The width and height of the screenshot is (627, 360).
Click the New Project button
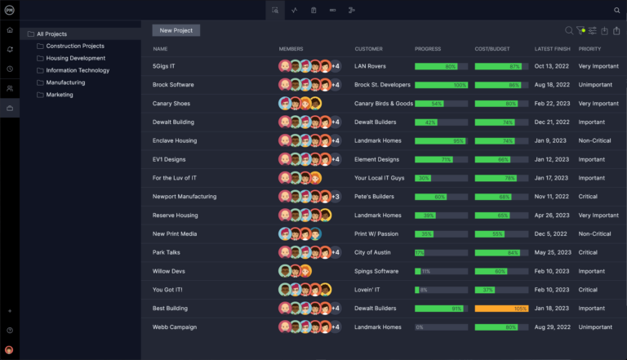pyautogui.click(x=176, y=30)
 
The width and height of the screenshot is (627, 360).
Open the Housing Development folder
pyautogui.click(x=75, y=58)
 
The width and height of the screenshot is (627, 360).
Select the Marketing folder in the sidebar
pyautogui.click(x=60, y=95)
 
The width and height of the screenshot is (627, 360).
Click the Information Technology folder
pyautogui.click(x=77, y=70)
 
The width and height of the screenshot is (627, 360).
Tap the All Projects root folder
pyautogui.click(x=51, y=33)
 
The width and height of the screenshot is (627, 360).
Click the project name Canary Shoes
pyautogui.click(x=171, y=104)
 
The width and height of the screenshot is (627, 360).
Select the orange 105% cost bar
pyautogui.click(x=501, y=309)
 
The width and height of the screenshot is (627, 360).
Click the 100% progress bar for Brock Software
pyautogui.click(x=441, y=85)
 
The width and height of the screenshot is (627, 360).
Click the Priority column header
pyautogui.click(x=589, y=49)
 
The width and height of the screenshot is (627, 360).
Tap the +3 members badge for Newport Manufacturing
pyautogui.click(x=335, y=197)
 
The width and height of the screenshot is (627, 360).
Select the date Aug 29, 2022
pyautogui.click(x=552, y=327)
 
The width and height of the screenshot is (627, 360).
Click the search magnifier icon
pyautogui.click(x=569, y=31)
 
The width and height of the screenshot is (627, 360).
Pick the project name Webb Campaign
pyautogui.click(x=174, y=327)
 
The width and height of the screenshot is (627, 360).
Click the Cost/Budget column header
pyautogui.click(x=492, y=49)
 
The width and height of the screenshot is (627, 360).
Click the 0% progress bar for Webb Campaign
pyautogui.click(x=441, y=327)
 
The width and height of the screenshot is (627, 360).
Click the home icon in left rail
pyautogui.click(x=10, y=30)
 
